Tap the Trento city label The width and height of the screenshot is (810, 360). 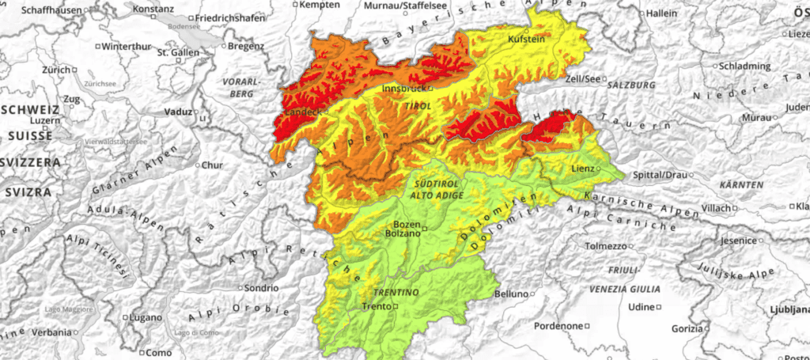(x=376, y=306)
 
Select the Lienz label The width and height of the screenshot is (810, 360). (x=582, y=169)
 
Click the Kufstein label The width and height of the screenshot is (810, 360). (x=526, y=39)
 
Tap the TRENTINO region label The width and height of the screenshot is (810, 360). (x=396, y=292)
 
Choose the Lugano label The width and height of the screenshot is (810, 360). (x=146, y=317)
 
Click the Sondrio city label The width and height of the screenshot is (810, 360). (x=262, y=287)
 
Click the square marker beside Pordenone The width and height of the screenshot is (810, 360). (x=588, y=326)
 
